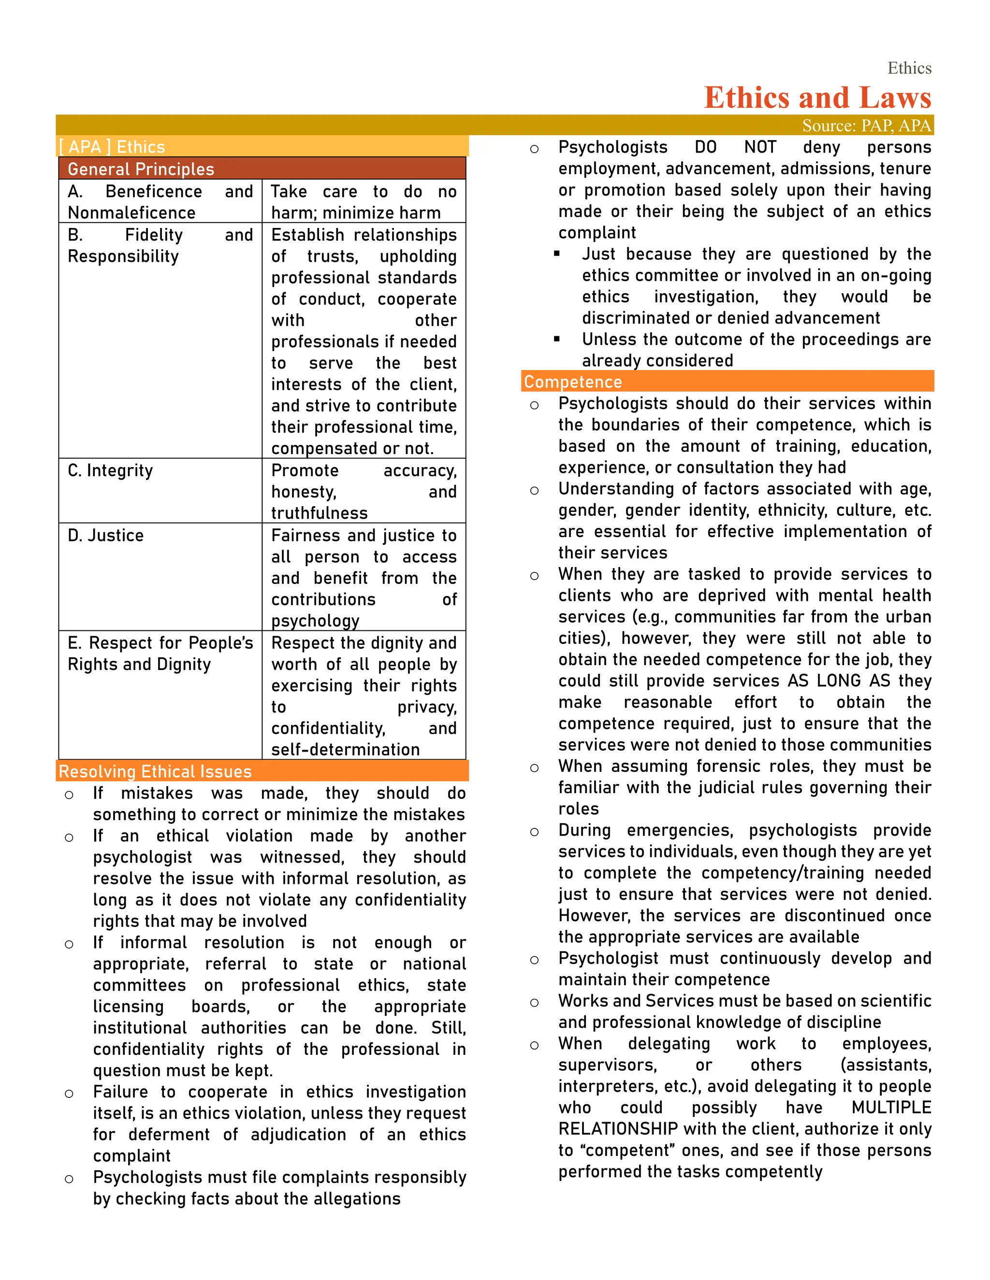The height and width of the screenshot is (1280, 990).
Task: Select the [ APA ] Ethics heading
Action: point(112,146)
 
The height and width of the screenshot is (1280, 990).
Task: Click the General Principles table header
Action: point(141,169)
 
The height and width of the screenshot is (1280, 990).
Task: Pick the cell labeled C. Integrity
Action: point(110,470)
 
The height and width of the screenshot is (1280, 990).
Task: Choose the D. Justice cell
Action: point(105,535)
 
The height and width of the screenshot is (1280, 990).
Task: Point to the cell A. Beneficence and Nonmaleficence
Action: point(160,201)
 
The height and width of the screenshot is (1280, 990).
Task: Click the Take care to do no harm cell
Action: point(363,201)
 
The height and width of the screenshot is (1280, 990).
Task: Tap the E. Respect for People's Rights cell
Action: point(160,654)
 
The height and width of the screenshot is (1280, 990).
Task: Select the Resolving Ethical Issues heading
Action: point(156,771)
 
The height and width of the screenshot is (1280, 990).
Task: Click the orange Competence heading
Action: point(572,382)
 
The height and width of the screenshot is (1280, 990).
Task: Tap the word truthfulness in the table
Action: point(319,513)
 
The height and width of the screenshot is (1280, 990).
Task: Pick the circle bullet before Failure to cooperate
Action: point(69,1094)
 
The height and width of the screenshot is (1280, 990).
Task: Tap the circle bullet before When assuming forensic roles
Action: point(534,768)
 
